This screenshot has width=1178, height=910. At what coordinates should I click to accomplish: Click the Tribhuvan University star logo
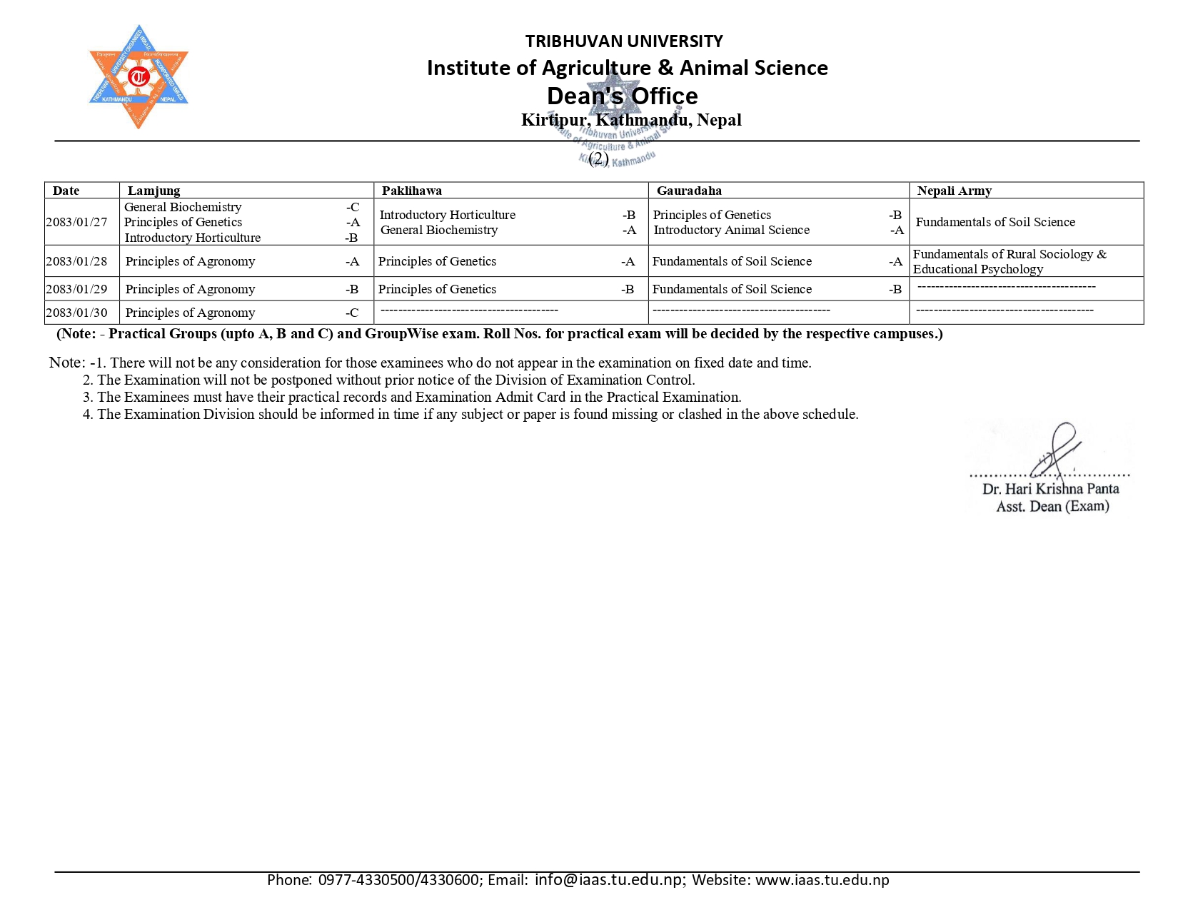pyautogui.click(x=138, y=77)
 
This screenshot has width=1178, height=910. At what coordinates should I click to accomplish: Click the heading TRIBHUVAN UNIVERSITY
pyautogui.click(x=624, y=41)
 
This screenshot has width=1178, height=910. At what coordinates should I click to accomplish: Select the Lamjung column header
pyautogui.click(x=153, y=191)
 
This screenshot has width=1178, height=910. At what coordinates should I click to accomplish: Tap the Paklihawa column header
pyautogui.click(x=411, y=191)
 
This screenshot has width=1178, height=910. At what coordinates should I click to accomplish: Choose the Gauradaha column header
pyautogui.click(x=689, y=191)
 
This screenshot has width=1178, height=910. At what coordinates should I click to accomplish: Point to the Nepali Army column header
pyautogui.click(x=954, y=191)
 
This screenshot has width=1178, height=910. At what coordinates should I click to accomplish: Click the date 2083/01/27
pyautogui.click(x=76, y=222)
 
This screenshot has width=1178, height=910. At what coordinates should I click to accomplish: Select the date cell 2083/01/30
pyautogui.click(x=76, y=313)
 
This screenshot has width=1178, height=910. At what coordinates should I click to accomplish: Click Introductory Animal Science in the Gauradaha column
pyautogui.click(x=731, y=230)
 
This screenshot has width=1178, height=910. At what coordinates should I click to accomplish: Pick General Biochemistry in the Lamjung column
pyautogui.click(x=183, y=207)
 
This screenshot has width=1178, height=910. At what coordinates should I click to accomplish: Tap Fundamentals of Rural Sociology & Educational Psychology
pyautogui.click(x=1010, y=261)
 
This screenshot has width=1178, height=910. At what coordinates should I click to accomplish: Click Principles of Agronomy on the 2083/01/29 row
pyautogui.click(x=190, y=289)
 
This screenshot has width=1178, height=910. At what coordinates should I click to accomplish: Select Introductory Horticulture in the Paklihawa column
pyautogui.click(x=447, y=215)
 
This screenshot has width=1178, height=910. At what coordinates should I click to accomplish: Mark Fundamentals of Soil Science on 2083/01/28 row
pyautogui.click(x=732, y=261)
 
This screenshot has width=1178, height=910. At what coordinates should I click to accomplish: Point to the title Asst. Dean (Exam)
pyautogui.click(x=1052, y=506)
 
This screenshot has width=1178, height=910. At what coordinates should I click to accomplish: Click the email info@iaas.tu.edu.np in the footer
pyautogui.click(x=608, y=879)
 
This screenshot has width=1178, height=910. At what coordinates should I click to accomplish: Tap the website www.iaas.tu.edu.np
pyautogui.click(x=822, y=879)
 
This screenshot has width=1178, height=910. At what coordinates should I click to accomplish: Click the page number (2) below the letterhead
pyautogui.click(x=598, y=158)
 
